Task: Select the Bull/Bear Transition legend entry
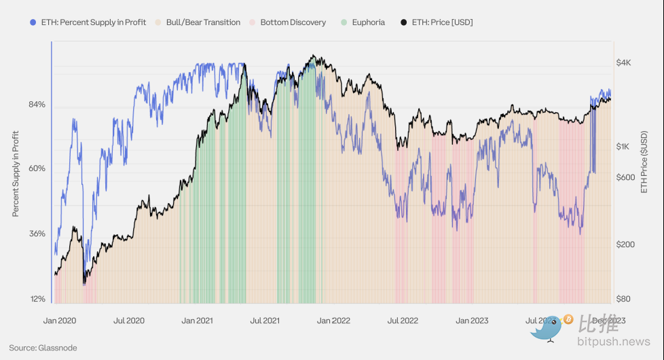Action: [202, 22]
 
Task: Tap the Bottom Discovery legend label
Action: [293, 22]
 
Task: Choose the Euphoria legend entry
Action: [368, 22]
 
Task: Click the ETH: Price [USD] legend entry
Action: [442, 22]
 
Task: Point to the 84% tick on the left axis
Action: [37, 105]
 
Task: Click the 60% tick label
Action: [37, 168]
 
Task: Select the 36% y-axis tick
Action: [37, 234]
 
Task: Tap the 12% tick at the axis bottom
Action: [37, 299]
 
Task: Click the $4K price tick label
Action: [623, 62]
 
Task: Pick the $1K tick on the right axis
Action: [623, 147]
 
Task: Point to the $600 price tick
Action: [625, 177]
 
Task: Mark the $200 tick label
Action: [625, 245]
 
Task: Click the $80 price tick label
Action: [623, 299]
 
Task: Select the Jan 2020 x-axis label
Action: [59, 321]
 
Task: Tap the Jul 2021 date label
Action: [265, 321]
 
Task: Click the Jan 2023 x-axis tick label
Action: [471, 321]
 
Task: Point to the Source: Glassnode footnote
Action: [43, 348]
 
